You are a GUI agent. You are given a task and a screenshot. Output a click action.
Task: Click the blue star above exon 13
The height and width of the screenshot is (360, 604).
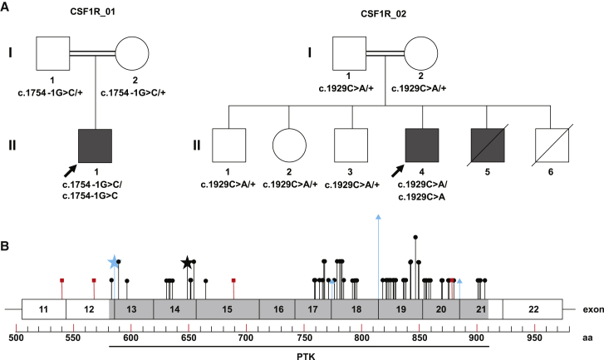coord(114,262)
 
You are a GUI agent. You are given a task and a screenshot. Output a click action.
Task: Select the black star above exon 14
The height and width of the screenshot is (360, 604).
coord(187,263)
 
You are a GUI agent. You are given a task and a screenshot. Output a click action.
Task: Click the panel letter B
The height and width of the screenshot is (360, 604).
coord(7,246)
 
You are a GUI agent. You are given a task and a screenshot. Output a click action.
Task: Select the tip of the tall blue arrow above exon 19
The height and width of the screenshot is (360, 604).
coord(379,215)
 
